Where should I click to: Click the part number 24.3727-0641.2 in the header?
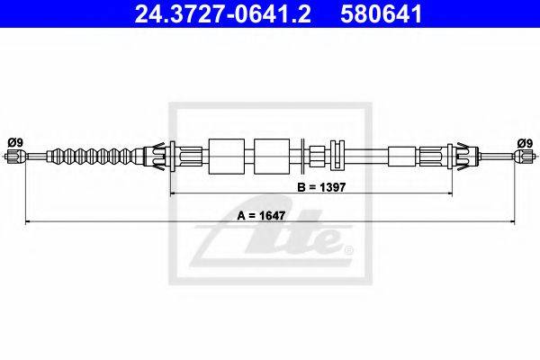[223, 13]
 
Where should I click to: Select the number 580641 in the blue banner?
[381, 13]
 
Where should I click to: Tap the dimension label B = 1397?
[321, 187]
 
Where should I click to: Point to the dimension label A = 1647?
[261, 216]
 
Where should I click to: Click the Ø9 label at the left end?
[14, 142]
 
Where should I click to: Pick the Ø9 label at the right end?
[525, 142]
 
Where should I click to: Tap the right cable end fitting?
[524, 157]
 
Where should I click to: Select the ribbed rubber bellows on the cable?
[94, 157]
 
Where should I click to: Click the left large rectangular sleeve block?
[227, 157]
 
